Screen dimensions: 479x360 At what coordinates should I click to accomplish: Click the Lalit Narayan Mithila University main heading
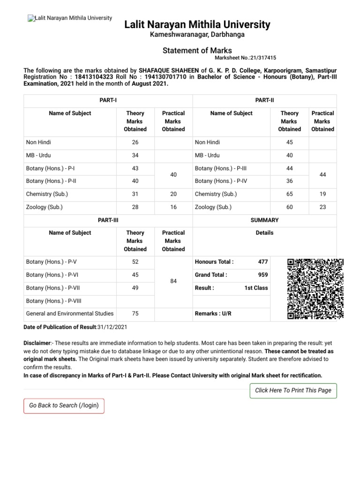(x=197, y=24)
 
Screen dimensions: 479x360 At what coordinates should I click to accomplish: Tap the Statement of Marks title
(x=197, y=51)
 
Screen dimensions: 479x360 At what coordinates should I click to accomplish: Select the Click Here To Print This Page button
(x=293, y=390)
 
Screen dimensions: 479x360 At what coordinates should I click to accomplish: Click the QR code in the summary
(x=315, y=289)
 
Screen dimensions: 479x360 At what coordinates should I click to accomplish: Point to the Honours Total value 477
(x=263, y=262)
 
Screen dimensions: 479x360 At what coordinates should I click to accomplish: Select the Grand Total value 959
(x=263, y=275)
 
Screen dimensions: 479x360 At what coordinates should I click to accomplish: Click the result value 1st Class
(x=256, y=288)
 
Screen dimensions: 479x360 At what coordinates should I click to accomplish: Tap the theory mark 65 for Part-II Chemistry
(x=289, y=194)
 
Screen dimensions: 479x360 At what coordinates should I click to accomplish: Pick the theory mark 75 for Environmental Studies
(x=135, y=313)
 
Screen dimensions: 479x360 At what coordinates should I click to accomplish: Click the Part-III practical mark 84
(x=173, y=282)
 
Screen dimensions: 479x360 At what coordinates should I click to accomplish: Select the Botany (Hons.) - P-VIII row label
(x=53, y=301)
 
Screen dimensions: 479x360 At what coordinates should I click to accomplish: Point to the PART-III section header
(x=108, y=220)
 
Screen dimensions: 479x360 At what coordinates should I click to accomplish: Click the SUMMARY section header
(x=264, y=220)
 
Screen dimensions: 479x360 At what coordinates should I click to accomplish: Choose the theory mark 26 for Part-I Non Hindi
(x=135, y=142)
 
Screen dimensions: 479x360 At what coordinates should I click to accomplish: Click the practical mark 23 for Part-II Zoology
(x=322, y=207)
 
